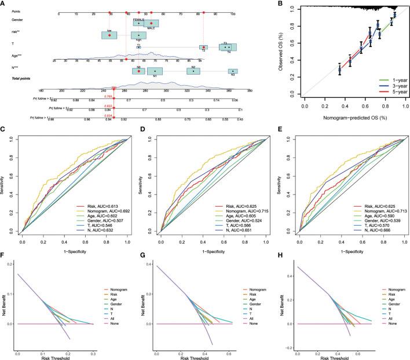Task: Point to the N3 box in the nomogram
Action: tap(232, 72)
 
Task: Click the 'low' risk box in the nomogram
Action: tap(109, 35)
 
